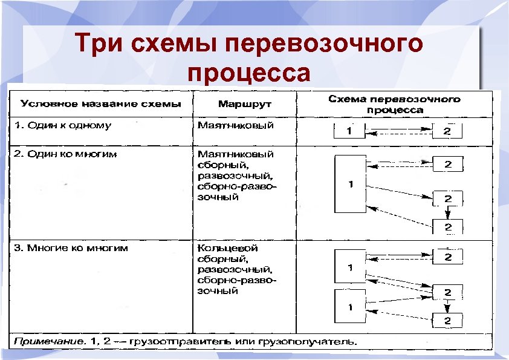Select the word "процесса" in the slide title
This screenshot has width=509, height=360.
pos(249,73)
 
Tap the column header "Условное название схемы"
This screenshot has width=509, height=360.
pos(100,103)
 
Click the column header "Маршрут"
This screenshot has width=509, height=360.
pos(244,104)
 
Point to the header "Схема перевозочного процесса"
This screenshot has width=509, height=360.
pos(394,104)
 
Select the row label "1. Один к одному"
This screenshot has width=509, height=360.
pos(63,126)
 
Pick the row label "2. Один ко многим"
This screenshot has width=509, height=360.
pos(66,154)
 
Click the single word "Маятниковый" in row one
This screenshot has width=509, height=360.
pos(236,126)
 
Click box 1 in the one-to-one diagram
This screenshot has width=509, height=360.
pos(350,131)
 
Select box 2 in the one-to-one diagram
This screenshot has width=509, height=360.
pos(447,131)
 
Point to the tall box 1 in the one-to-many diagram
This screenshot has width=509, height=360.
pos(350,184)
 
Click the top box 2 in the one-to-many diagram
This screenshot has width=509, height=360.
pos(448,164)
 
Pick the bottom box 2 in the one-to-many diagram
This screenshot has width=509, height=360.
pos(448,227)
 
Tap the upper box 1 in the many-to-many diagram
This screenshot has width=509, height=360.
pos(350,266)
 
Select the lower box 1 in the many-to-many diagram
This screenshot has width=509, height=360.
pos(350,307)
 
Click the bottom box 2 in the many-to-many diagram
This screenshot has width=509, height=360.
pos(448,320)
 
